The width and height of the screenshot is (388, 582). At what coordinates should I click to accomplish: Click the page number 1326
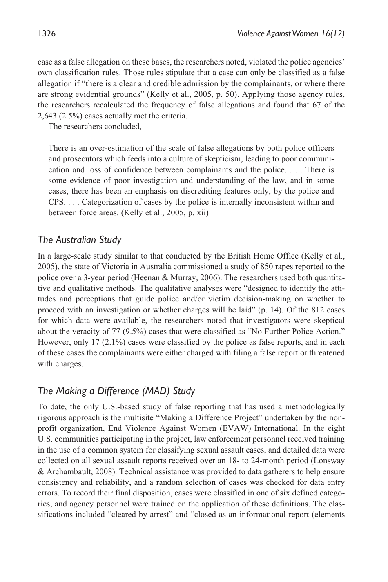[47, 34]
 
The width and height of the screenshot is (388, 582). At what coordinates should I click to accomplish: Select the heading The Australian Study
[79, 240]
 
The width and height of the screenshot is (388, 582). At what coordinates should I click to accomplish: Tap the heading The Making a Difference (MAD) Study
[116, 391]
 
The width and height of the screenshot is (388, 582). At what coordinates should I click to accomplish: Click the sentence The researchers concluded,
[95, 126]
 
